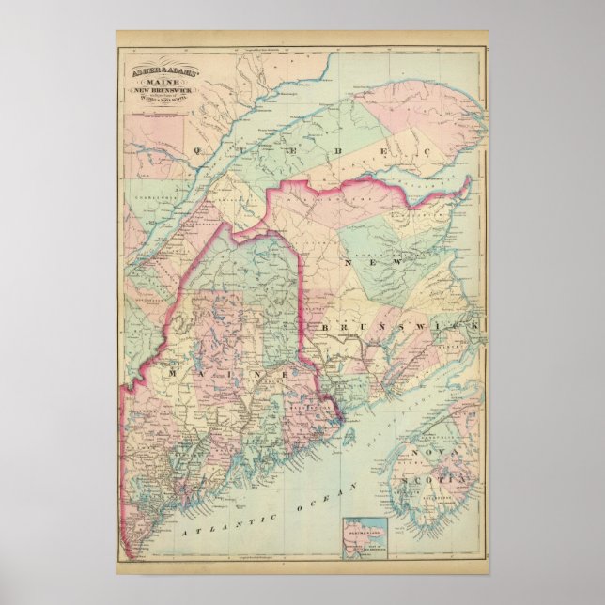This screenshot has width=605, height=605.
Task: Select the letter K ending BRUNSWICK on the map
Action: coord(477,325)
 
